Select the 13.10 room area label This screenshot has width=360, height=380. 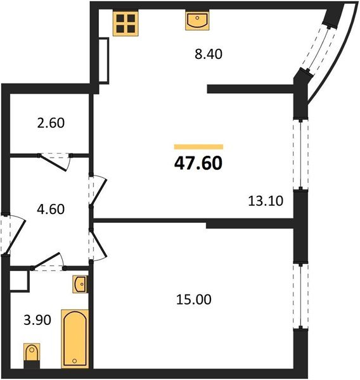264,201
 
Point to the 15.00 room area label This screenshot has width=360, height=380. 195,299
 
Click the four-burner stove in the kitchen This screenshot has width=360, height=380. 125,23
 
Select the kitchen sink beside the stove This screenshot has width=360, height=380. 198,21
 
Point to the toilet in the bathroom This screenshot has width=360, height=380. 31,355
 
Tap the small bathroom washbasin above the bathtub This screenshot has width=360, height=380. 80,285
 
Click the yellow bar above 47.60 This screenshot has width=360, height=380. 198,146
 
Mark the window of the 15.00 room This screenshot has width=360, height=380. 298,295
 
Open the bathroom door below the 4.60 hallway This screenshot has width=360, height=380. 49,262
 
